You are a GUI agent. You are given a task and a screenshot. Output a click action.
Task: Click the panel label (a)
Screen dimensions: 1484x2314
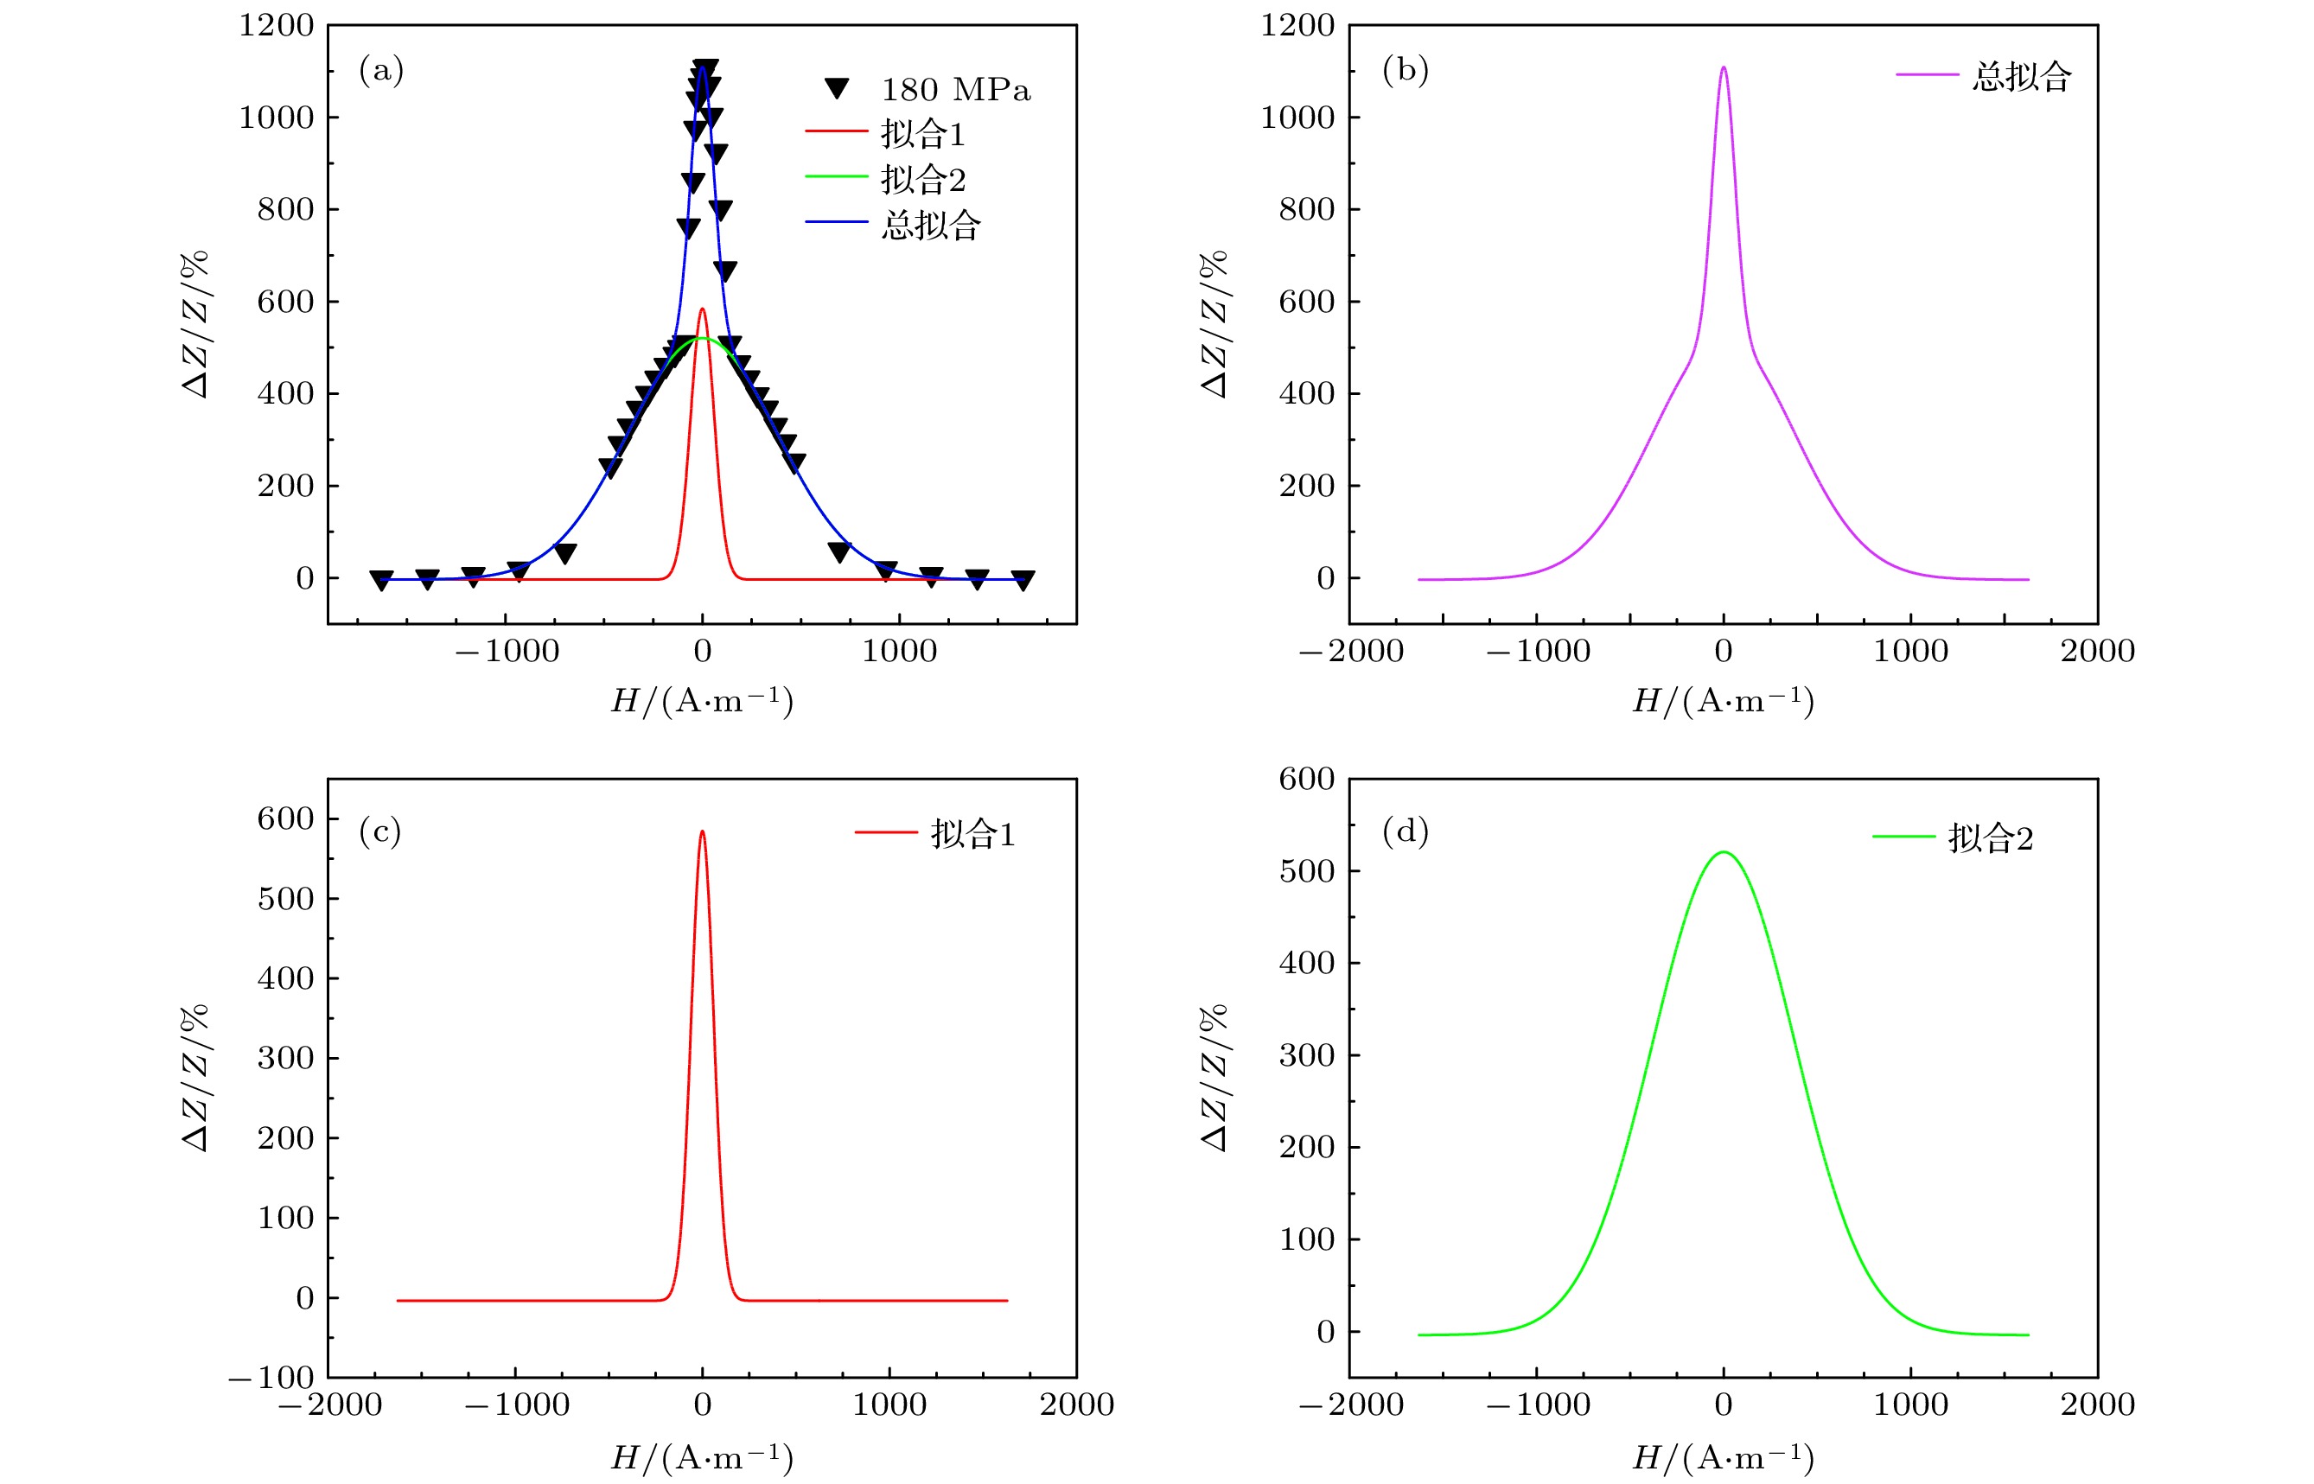380,69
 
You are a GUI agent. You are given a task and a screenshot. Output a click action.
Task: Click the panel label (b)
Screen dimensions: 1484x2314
1404,69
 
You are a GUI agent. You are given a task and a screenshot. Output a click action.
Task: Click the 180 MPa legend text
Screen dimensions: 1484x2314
955,90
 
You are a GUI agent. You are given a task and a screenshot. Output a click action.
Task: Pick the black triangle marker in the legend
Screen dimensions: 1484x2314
837,89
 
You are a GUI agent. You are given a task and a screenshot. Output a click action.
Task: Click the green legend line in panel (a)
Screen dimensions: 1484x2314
836,176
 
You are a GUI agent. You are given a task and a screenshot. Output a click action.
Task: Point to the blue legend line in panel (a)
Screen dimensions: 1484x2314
836,221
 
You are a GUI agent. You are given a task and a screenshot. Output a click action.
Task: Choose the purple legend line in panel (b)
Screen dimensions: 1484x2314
1927,74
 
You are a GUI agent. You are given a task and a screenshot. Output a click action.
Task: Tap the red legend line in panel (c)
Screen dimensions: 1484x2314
885,831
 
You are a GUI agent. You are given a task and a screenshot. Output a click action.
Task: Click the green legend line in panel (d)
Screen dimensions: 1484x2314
1903,837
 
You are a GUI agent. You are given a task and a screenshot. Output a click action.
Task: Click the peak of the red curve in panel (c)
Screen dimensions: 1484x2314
702,831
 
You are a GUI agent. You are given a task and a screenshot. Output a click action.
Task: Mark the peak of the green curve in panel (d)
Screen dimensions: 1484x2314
1724,852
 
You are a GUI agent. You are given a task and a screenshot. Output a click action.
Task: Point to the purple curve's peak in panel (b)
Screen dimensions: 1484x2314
1724,67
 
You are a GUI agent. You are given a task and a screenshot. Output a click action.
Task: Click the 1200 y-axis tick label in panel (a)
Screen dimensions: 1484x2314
277,25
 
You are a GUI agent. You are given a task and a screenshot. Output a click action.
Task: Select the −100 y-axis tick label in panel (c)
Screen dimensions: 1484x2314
271,1377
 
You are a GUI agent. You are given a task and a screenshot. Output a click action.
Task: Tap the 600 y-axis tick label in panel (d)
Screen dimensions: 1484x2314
1306,779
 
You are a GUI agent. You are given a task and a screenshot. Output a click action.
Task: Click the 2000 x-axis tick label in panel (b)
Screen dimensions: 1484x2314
2097,652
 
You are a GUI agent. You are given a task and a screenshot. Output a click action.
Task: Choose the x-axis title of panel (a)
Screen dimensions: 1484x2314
702,701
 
